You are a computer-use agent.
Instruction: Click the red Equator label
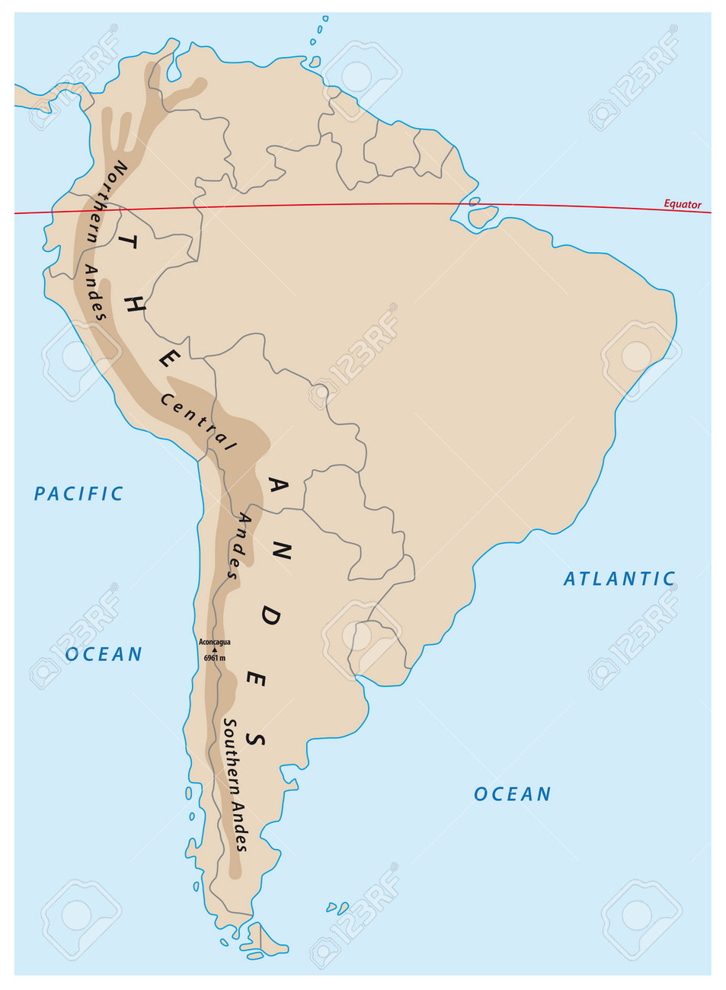coord(682,204)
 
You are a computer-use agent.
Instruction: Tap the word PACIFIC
coord(78,494)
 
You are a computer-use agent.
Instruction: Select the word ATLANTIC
coord(619,579)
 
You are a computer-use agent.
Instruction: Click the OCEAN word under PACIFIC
coord(104,654)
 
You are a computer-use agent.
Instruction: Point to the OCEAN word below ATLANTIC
coord(512,794)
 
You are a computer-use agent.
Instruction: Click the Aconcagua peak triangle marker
coord(214,650)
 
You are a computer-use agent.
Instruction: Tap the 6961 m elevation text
coord(214,658)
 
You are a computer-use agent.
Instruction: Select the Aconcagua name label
coord(214,642)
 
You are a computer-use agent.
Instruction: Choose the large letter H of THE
coord(138,303)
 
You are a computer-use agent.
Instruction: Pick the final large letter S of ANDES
coord(258,739)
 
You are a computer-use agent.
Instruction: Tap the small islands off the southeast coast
coord(336,908)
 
